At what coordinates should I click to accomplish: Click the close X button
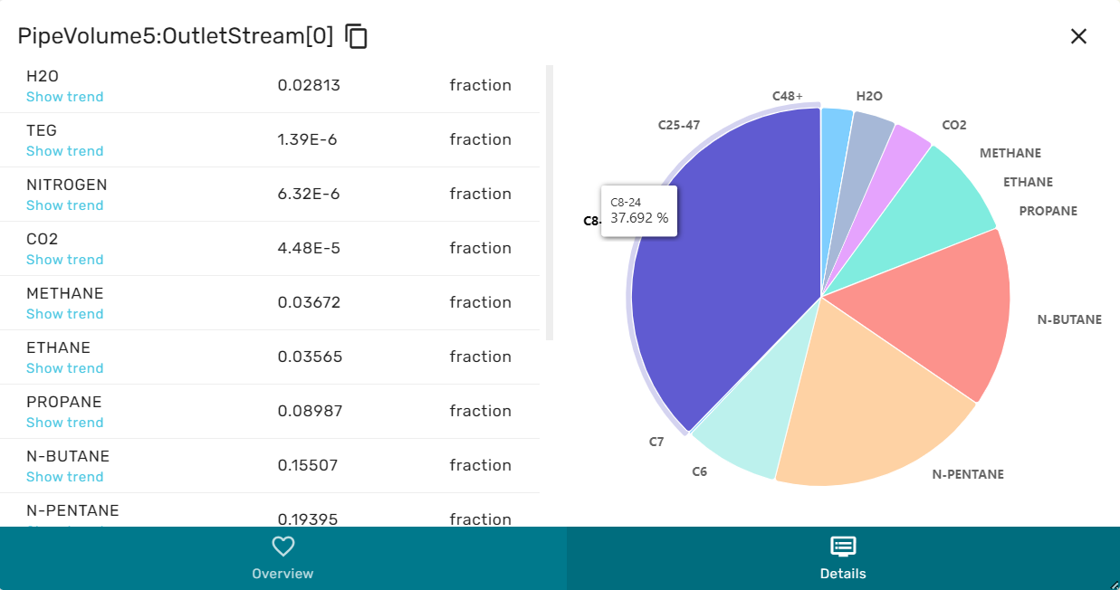(1078, 36)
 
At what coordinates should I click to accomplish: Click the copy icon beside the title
(357, 36)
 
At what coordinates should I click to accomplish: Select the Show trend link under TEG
(65, 151)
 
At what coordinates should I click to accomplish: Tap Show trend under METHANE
(65, 314)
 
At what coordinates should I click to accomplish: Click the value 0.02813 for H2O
(309, 85)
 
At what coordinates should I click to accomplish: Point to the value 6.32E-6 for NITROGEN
(308, 194)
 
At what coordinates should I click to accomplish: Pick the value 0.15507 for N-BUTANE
(308, 465)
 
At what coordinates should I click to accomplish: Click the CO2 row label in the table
(43, 239)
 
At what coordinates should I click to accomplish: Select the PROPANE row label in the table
(64, 402)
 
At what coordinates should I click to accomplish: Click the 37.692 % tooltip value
(639, 218)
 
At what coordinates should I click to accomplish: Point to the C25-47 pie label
(679, 125)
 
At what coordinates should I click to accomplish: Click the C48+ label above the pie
(788, 96)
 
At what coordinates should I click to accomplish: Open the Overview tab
(282, 557)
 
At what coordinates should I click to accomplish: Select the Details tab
(843, 557)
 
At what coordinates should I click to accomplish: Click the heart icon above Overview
(283, 546)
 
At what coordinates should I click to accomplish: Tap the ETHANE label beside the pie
(1028, 182)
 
